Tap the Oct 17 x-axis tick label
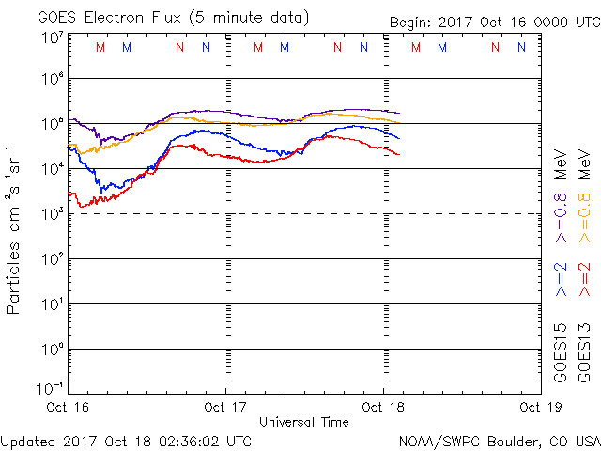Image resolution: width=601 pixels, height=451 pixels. pos(225,407)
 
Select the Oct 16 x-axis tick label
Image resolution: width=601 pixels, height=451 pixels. pos(68,407)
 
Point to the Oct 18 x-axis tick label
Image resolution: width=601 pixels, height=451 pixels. pos(383,407)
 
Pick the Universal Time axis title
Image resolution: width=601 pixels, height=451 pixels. pos(304,422)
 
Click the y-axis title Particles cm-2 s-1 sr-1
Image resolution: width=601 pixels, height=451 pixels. pos(14,229)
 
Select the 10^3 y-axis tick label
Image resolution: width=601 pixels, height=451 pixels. pos(52,214)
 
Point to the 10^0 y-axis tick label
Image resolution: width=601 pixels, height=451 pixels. pos(52,350)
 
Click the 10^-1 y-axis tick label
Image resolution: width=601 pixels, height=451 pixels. pos(50,387)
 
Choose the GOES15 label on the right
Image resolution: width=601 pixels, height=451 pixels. pos(561,353)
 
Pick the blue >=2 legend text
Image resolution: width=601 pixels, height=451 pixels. pos(561,279)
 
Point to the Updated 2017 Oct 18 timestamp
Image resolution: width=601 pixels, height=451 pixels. pos(126,440)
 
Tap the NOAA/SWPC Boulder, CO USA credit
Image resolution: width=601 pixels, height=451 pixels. pos(499,440)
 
